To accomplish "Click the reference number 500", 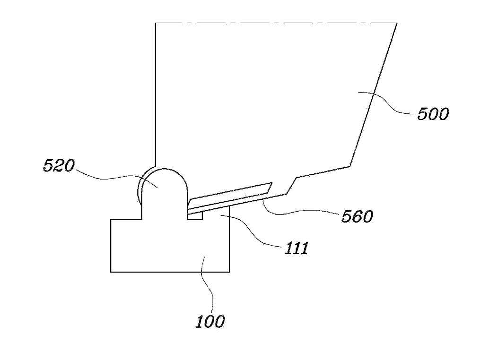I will click(432, 114).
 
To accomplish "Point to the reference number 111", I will click(296, 249).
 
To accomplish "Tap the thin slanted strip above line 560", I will click(227, 196).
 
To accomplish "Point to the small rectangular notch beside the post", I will click(195, 215).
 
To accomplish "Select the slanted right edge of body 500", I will click(374, 94).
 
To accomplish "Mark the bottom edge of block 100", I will click(170, 272).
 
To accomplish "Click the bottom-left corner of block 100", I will click(111, 272).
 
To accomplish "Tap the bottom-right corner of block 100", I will click(229, 272).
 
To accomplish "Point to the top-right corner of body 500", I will click(396, 23).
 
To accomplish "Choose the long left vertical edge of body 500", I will click(156, 94).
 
